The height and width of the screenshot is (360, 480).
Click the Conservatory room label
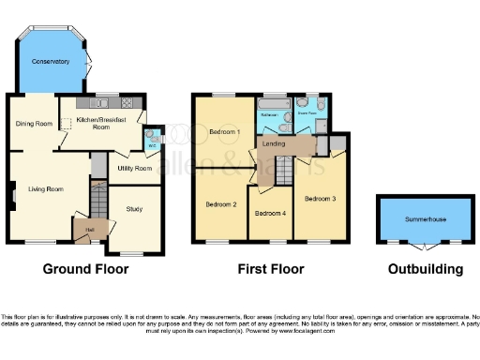click(50, 62)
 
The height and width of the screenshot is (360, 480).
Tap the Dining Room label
click(33, 123)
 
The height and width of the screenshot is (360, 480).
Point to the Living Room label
click(45, 189)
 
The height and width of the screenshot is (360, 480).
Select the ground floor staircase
click(100, 200)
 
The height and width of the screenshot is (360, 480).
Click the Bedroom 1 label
click(225, 131)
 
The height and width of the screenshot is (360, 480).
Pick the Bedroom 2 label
click(221, 203)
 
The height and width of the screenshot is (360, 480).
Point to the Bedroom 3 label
click(320, 199)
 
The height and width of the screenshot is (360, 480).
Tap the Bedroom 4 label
click(270, 213)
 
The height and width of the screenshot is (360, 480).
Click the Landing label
click(274, 144)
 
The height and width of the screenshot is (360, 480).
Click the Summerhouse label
click(424, 217)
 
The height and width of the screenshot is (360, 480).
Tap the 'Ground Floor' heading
click(85, 269)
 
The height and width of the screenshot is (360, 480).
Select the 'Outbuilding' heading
click(426, 269)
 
